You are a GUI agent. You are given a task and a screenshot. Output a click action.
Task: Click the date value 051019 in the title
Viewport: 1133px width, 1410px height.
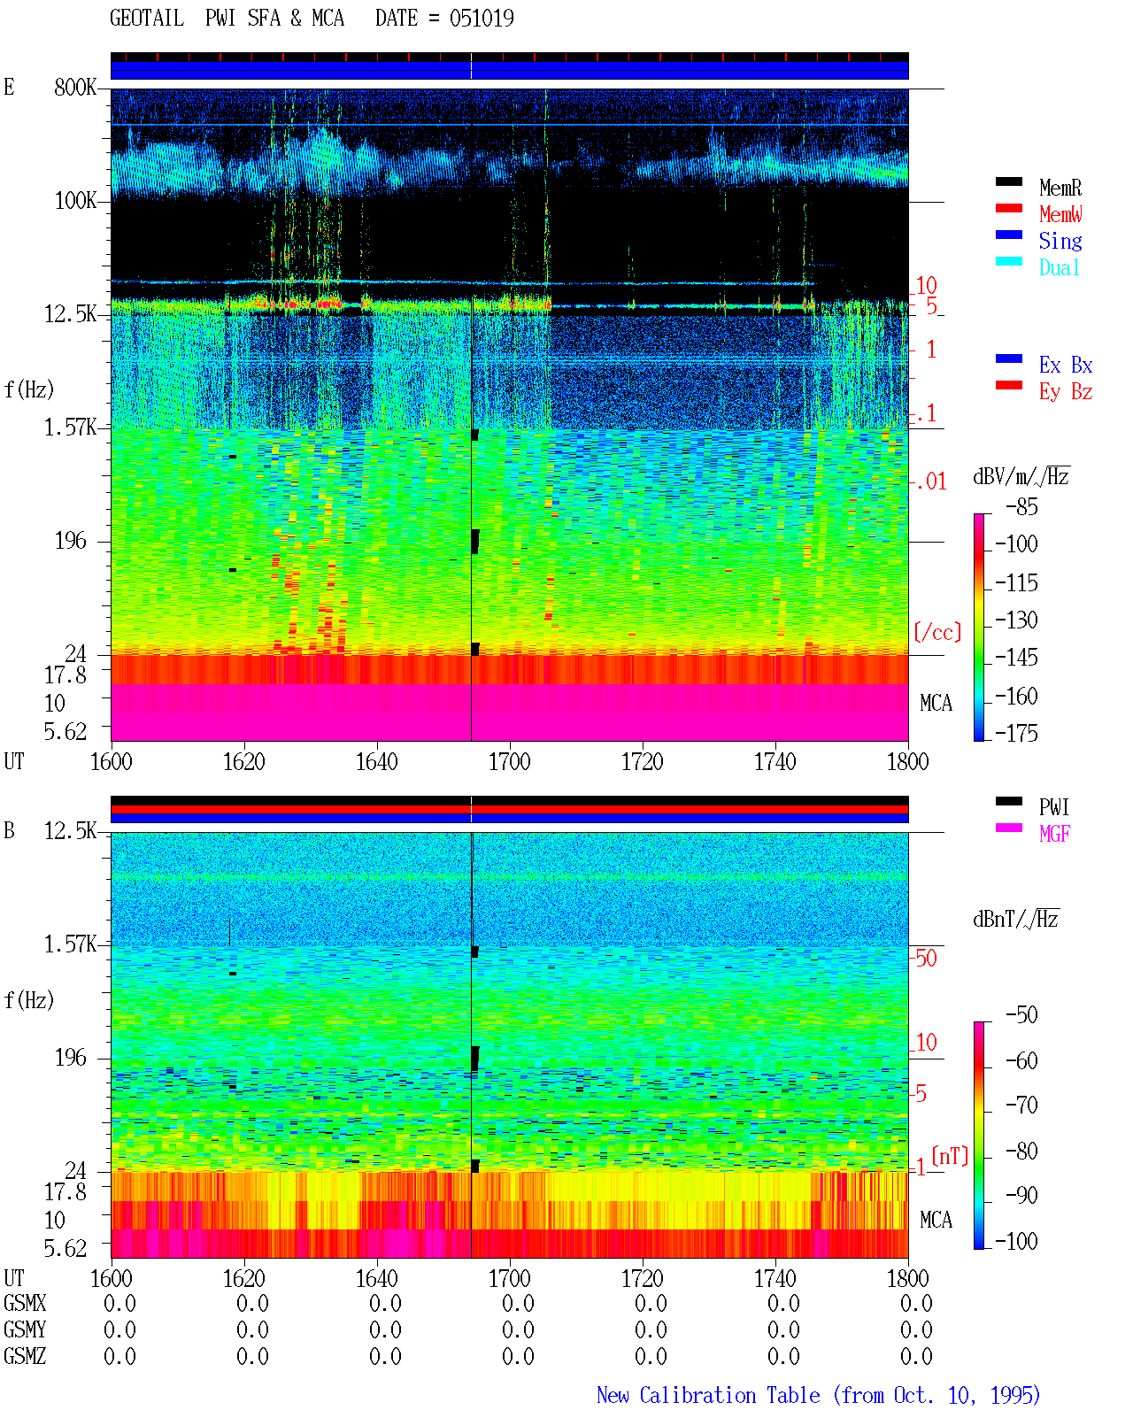tap(482, 19)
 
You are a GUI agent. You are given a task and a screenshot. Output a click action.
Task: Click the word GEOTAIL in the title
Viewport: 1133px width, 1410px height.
tap(147, 19)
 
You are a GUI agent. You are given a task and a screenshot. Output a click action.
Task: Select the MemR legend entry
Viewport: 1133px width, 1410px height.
tap(1060, 188)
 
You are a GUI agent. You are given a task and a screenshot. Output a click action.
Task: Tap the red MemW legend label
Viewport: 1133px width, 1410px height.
tap(1060, 214)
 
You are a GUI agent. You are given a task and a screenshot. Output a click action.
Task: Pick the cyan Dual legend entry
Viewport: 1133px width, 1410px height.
tap(1059, 267)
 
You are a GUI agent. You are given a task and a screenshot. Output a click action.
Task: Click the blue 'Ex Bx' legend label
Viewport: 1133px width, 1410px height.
tap(1066, 365)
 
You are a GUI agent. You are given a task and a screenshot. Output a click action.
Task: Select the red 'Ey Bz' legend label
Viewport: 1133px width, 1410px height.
tap(1066, 392)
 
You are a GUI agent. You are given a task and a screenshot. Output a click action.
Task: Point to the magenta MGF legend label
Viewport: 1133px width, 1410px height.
tap(1055, 834)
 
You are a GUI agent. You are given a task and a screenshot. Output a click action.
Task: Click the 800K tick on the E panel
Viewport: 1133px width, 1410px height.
tap(75, 87)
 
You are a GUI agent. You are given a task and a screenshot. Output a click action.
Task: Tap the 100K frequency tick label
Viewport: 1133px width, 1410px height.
tap(75, 201)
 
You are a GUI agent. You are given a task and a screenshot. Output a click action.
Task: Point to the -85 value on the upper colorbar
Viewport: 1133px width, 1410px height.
tap(1021, 507)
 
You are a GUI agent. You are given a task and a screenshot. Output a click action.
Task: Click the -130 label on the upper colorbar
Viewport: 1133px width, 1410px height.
tap(1016, 620)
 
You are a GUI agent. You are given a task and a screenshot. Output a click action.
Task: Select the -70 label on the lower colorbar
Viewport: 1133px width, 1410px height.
tap(1022, 1106)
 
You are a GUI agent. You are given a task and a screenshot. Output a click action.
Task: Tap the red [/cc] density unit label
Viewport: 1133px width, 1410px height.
tap(937, 632)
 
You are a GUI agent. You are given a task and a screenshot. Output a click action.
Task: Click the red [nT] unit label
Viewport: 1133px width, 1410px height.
tap(950, 1155)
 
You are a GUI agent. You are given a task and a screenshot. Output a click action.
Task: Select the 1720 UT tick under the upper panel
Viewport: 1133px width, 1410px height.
tap(643, 762)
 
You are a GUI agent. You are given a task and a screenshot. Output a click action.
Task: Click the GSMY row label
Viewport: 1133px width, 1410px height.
tap(25, 1329)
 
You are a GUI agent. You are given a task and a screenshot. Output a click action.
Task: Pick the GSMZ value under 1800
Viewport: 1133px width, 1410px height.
tap(916, 1356)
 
